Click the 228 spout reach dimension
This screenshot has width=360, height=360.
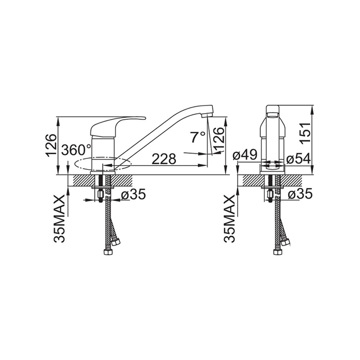tap(164, 158)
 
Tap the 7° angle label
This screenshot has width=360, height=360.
tap(197, 137)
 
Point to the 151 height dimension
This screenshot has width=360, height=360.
tap(305, 133)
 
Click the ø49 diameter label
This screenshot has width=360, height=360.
tap(245, 155)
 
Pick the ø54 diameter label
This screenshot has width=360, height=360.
tap(299, 158)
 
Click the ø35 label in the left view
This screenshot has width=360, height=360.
tap(133, 194)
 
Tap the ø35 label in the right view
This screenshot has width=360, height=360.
tap(300, 194)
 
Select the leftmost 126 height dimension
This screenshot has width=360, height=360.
tap(51, 146)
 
